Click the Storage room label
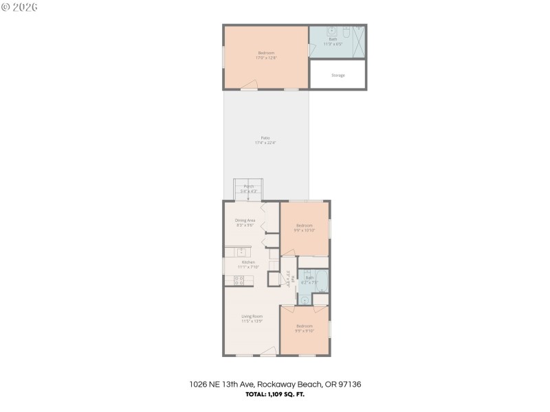click(338, 75)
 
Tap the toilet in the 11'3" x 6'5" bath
click(346, 32)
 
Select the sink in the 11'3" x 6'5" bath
click(331, 31)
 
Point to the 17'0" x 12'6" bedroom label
click(266, 56)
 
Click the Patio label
click(265, 140)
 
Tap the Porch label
click(249, 189)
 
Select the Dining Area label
click(245, 222)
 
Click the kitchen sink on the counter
click(241, 252)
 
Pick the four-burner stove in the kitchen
click(240, 280)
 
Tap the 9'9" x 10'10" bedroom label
click(305, 228)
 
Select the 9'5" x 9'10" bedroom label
click(305, 328)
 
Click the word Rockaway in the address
click(284, 385)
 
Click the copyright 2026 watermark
click(20, 7)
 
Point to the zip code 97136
click(351, 385)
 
